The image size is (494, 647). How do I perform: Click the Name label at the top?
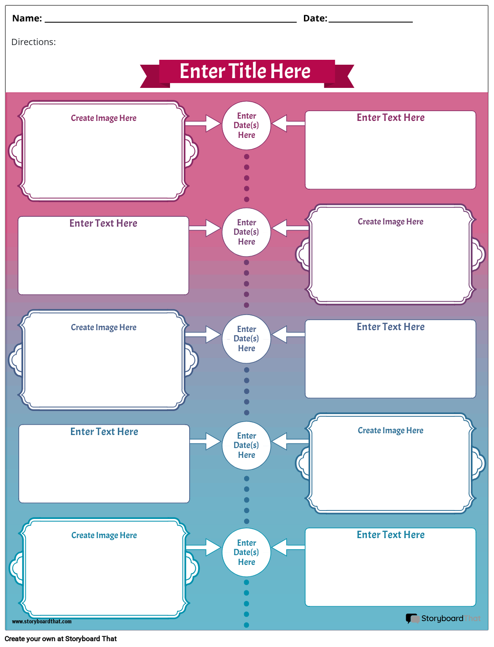[x=27, y=18]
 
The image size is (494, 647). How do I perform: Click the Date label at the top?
[x=315, y=18]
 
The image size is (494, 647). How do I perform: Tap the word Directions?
[x=33, y=42]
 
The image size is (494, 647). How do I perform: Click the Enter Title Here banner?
[x=245, y=71]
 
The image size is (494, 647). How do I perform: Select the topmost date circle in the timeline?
[x=246, y=125]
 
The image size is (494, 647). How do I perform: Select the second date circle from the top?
[x=246, y=232]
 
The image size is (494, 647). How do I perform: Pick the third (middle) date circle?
[x=246, y=339]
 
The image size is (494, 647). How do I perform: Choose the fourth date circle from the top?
[x=246, y=445]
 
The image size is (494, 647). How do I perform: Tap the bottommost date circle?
[x=246, y=552]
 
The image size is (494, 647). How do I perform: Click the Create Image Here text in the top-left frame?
[x=104, y=118]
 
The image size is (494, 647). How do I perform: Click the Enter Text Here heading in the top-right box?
[x=390, y=118]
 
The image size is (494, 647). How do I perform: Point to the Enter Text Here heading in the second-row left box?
[x=103, y=224]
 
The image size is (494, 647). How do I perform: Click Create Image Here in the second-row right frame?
[x=390, y=222]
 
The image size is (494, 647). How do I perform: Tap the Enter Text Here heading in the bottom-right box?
[x=390, y=535]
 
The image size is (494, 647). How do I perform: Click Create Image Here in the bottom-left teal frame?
[x=104, y=535]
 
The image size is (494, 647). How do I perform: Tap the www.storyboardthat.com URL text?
[x=42, y=622]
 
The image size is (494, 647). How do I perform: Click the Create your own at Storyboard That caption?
[x=61, y=639]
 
